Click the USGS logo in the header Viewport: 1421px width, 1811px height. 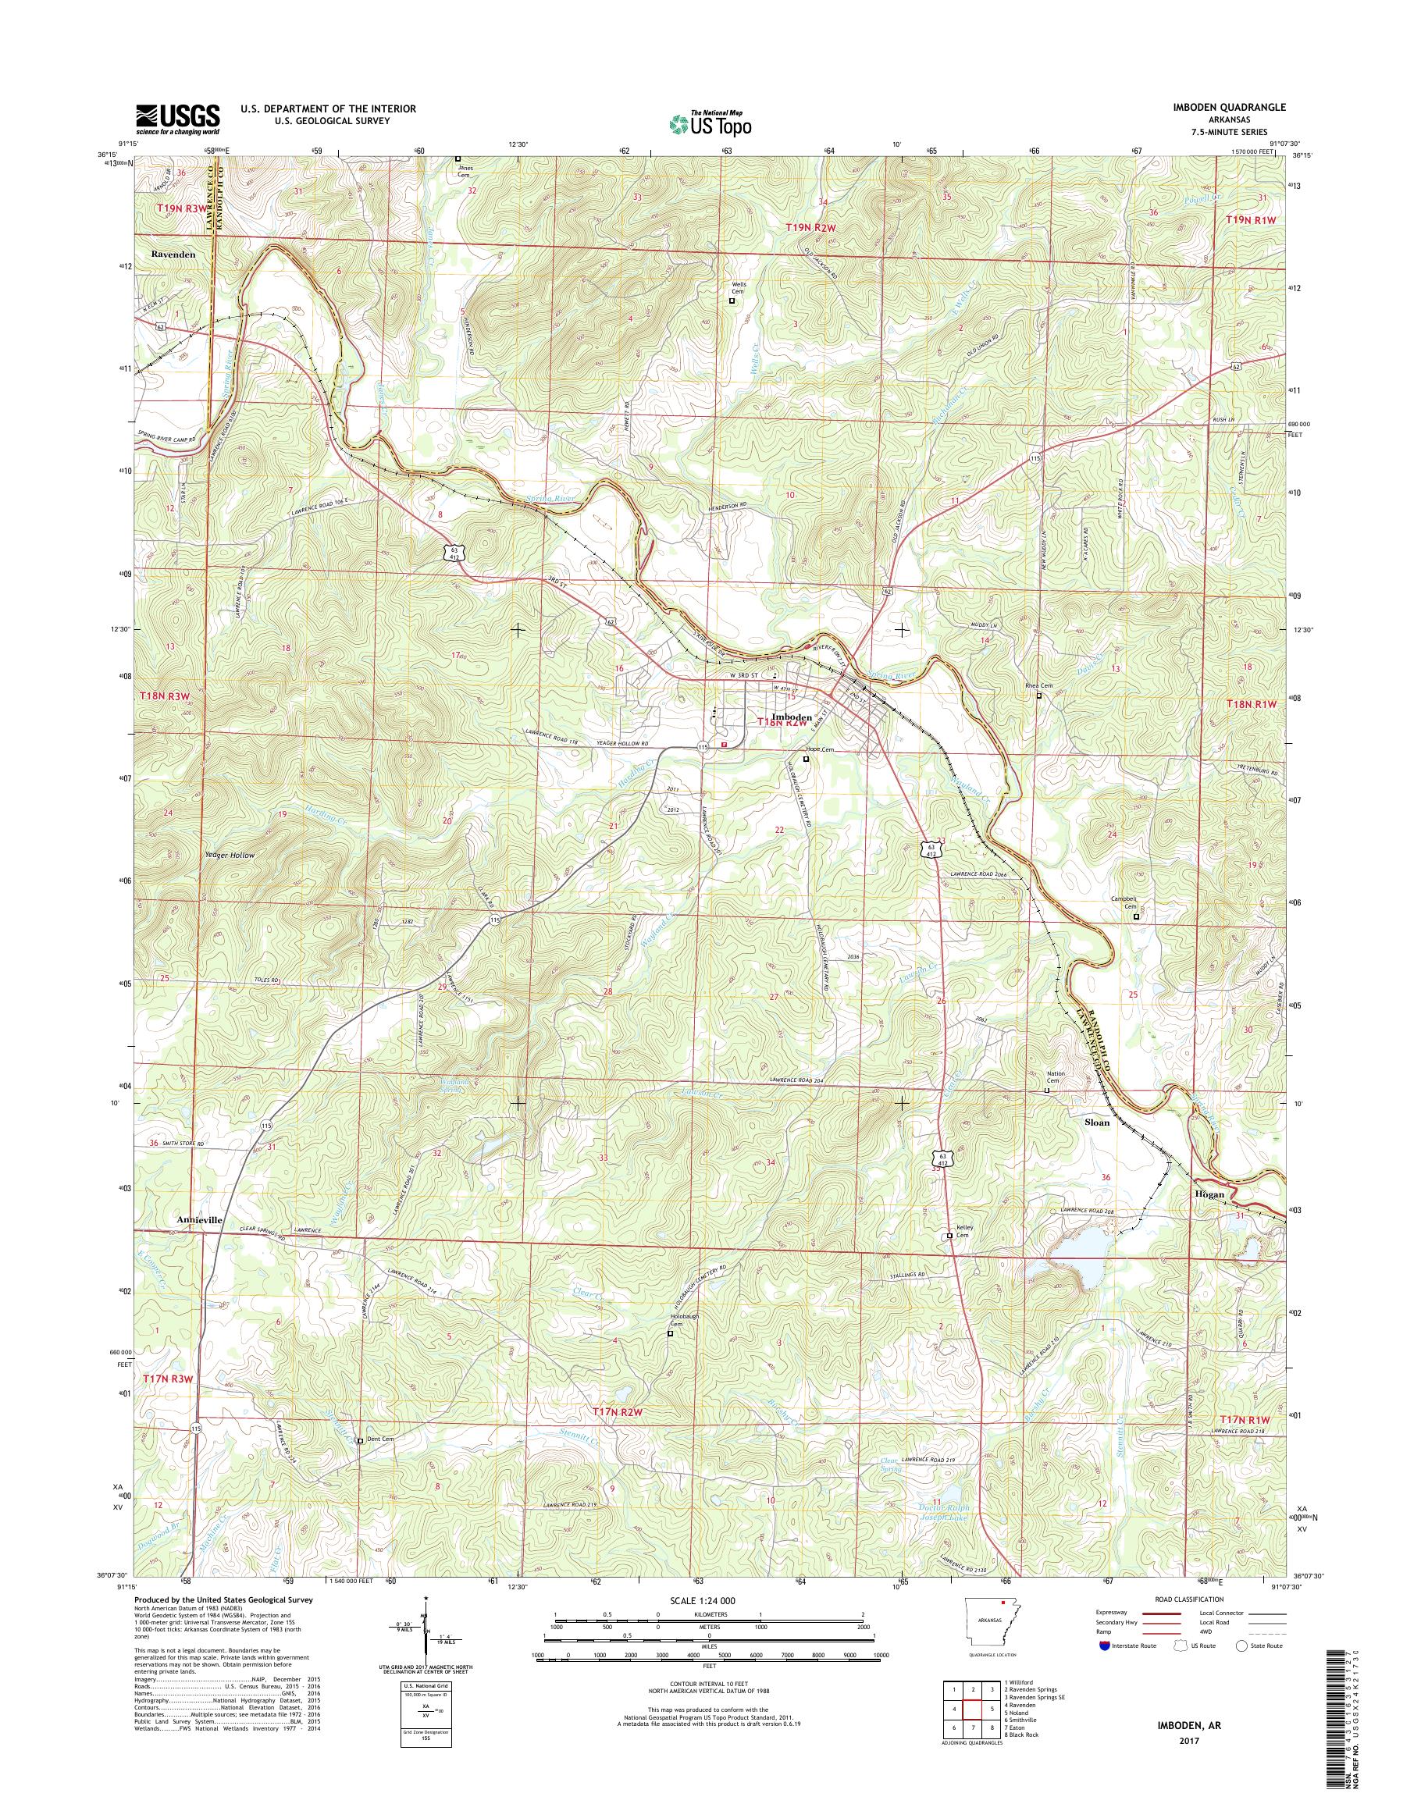click(178, 118)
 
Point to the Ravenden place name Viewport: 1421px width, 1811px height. click(173, 254)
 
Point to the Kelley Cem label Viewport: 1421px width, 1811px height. click(963, 1231)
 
